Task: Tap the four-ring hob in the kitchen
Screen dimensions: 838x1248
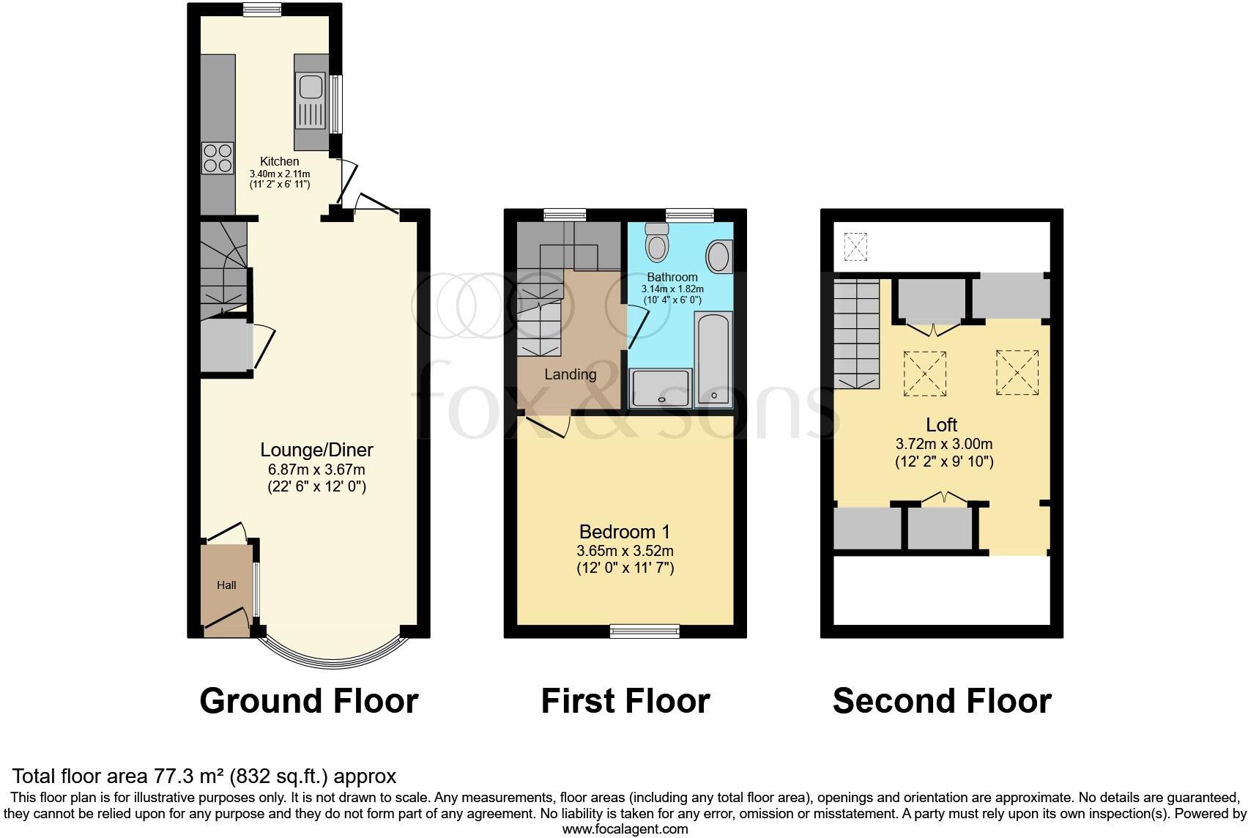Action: click(x=218, y=157)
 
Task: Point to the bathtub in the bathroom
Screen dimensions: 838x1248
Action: click(x=714, y=359)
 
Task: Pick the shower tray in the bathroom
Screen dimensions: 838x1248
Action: click(x=661, y=388)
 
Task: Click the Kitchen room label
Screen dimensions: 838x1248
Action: click(x=280, y=161)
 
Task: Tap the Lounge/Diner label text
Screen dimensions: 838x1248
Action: click(x=317, y=450)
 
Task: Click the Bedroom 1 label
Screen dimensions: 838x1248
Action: click(x=625, y=532)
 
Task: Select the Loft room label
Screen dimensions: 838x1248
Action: click(x=942, y=425)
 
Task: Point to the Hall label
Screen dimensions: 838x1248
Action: click(x=226, y=585)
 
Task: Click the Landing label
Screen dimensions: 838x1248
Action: click(x=570, y=374)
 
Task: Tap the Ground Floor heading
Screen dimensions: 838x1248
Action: click(x=308, y=701)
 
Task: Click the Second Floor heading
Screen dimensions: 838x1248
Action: click(x=942, y=701)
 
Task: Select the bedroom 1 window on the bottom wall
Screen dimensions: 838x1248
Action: click(x=645, y=630)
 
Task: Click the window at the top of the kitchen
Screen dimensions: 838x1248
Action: click(x=262, y=10)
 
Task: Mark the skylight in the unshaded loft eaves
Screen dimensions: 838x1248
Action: click(x=855, y=245)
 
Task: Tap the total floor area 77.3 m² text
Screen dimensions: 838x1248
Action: click(x=205, y=776)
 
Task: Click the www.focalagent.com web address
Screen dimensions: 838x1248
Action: click(x=625, y=829)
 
